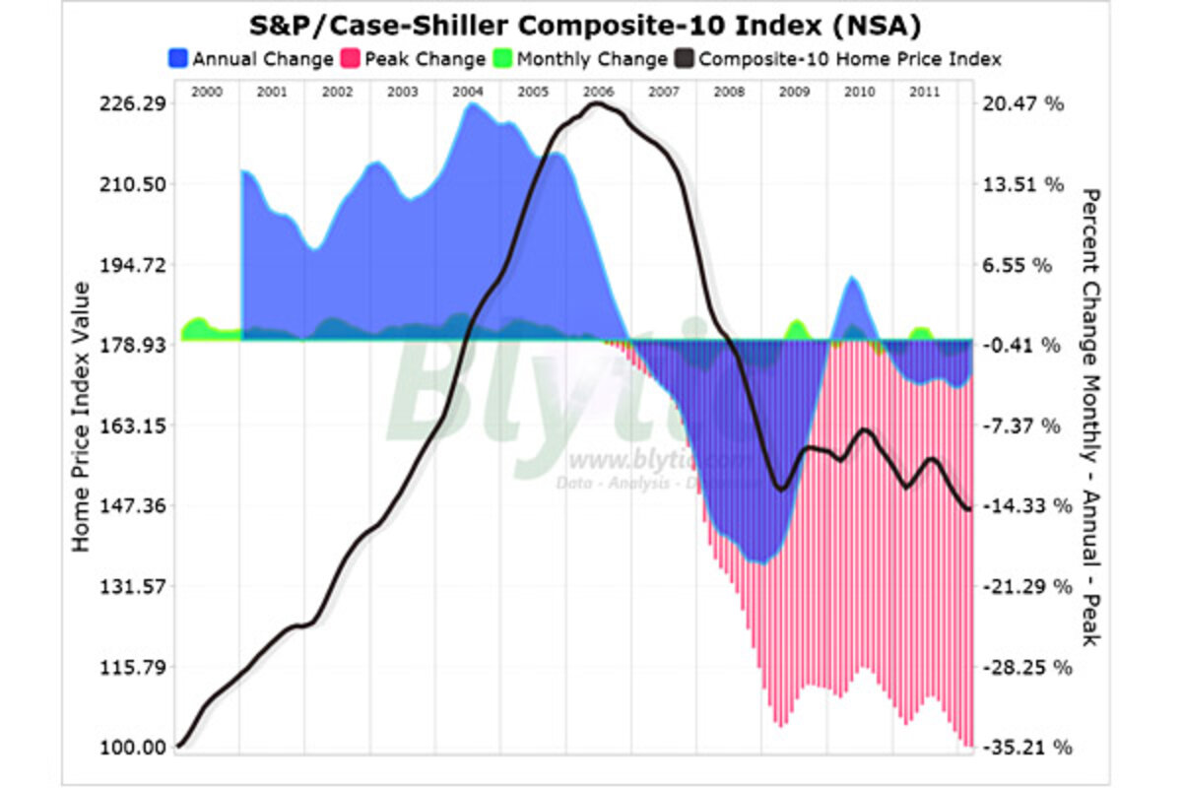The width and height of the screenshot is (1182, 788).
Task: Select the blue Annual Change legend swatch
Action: coord(178,59)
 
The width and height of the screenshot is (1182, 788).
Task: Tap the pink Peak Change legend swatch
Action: coord(350,59)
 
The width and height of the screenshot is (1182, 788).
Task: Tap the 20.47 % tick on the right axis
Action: coord(1024,104)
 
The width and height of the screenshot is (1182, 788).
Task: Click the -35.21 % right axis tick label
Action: coord(1024,748)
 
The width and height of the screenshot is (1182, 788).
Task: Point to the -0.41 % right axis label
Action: coord(1024,346)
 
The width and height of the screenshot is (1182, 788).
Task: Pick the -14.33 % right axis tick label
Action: coord(1024,506)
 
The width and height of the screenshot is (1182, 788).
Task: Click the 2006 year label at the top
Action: coord(598,91)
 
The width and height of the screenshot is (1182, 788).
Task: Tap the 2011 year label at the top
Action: coord(924,91)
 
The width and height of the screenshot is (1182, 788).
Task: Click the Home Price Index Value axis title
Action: coord(82,416)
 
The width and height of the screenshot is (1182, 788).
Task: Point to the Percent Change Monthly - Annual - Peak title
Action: coord(1090,416)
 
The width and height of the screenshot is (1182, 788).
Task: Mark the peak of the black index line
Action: coord(598,103)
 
